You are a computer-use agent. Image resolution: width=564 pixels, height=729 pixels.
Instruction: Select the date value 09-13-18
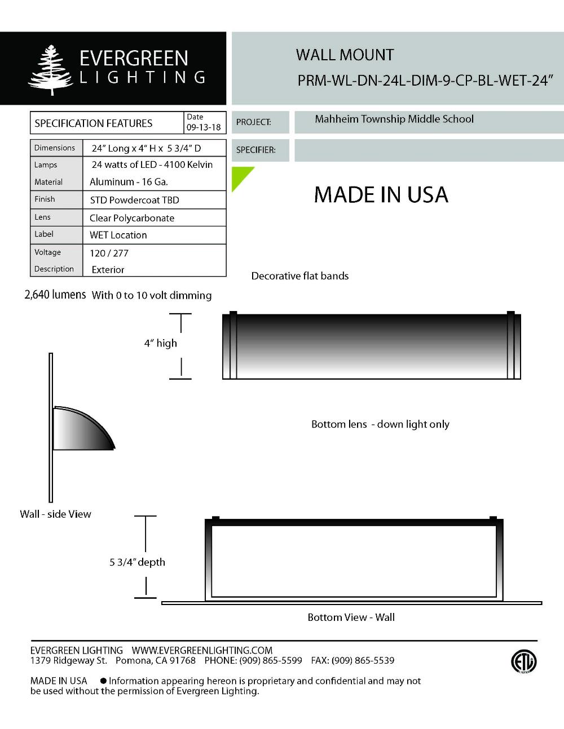pos(204,127)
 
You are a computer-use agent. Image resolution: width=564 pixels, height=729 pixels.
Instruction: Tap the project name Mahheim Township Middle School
pos(394,119)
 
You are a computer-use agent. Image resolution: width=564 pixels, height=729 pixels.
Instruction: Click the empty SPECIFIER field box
pos(429,150)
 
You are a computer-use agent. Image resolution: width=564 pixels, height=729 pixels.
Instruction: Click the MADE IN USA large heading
pos(381,195)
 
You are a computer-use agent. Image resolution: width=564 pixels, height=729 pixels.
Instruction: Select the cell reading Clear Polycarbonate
pos(132,218)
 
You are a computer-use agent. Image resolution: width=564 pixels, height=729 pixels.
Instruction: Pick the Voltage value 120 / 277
pos(109,253)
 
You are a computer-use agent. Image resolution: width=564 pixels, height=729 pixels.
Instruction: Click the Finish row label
pos(45,199)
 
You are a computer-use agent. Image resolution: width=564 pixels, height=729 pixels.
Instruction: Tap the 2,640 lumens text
pos(55,295)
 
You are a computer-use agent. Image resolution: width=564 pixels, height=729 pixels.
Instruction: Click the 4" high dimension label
pos(160,343)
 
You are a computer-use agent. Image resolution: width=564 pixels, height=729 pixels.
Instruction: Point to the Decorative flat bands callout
pos(299,276)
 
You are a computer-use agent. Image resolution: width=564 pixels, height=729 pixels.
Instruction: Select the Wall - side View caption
pos(55,514)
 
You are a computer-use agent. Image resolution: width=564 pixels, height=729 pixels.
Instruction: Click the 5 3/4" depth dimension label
pos(137,562)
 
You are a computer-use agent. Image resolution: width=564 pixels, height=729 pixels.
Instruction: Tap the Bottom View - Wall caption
pos(351,617)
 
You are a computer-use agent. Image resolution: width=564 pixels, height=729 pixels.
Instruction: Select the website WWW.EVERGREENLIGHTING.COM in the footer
pos(202,650)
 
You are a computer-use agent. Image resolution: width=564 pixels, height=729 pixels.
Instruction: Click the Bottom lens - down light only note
pos(380,424)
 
